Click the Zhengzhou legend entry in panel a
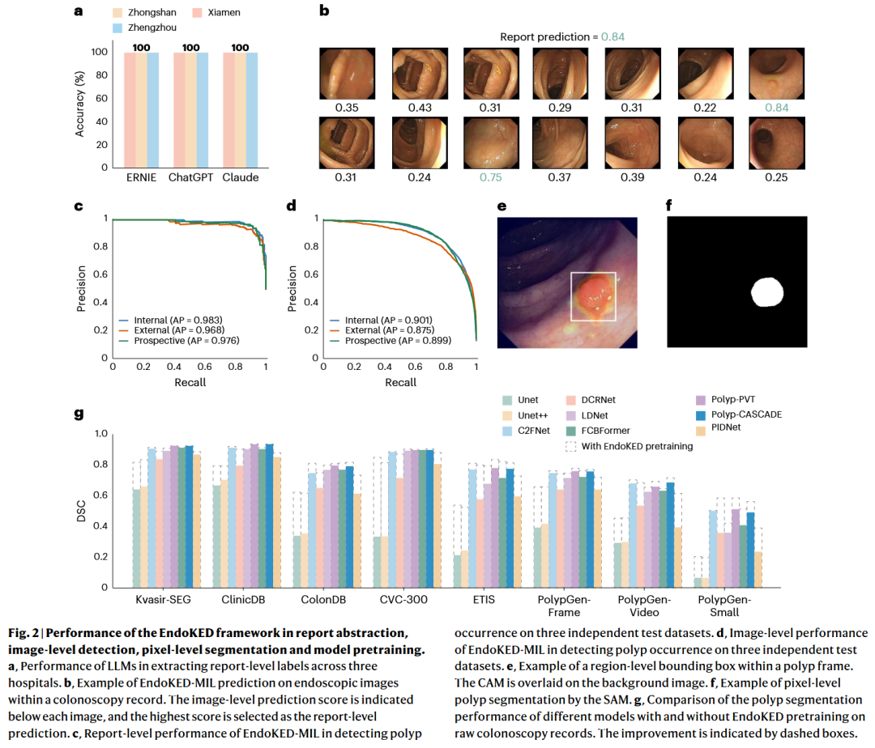[x=145, y=28]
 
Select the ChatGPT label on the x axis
[x=190, y=177]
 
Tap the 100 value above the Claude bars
[x=240, y=48]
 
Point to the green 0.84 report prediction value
[x=612, y=36]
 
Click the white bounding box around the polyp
[x=594, y=295]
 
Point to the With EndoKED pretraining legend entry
[x=628, y=445]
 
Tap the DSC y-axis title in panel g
[x=82, y=510]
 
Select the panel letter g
[x=79, y=415]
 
